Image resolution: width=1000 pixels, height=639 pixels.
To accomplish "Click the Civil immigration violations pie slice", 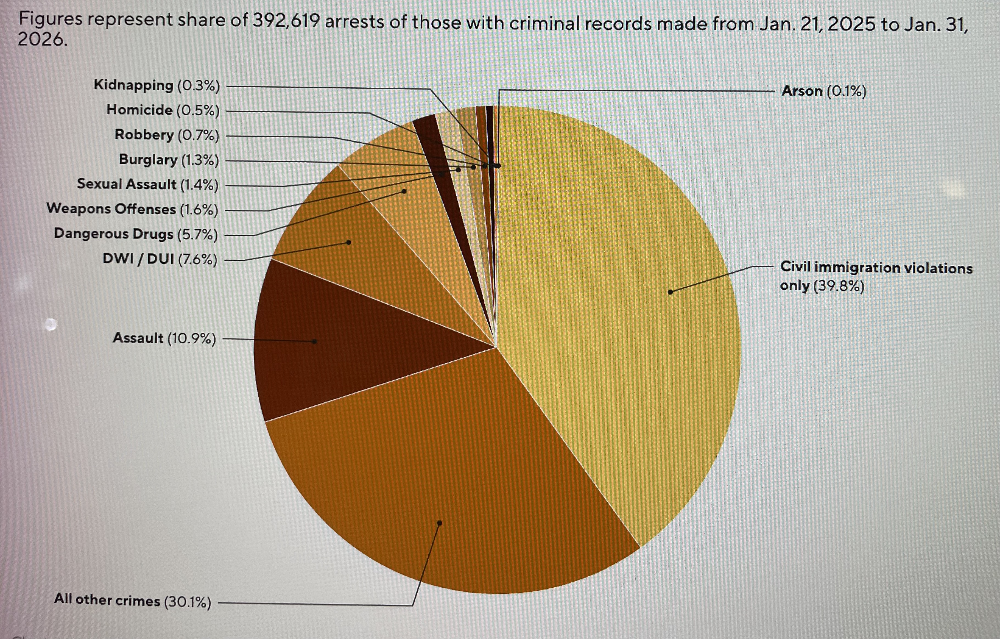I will pos(623,312).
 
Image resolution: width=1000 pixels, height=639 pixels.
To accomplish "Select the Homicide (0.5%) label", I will pos(163,110).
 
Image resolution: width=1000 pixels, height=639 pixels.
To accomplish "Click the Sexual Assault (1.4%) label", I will pos(148,184).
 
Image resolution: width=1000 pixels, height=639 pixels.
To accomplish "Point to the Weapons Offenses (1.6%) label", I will pos(132,209).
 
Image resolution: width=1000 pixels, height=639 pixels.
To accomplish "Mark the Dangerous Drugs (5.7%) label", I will pos(136,234).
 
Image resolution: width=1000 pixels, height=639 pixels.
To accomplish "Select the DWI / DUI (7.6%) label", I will pos(160,259).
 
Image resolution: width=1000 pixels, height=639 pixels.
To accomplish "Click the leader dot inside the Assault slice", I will pos(315,341).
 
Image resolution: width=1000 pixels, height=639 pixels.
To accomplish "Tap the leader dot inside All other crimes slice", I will pos(439,523).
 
